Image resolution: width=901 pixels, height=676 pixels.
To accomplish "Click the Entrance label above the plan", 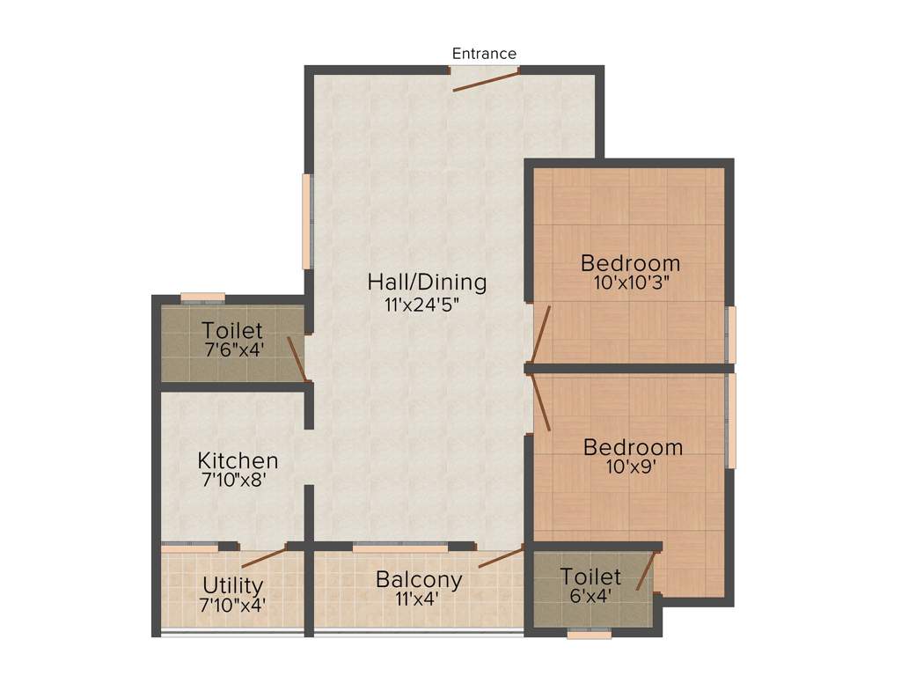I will (x=484, y=54).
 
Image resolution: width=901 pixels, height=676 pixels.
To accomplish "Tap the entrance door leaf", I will (x=485, y=80).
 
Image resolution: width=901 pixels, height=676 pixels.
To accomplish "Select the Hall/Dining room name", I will (x=427, y=283).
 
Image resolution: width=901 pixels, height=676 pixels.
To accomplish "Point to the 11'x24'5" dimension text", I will (x=422, y=306).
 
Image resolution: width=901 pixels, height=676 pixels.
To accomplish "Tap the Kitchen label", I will (x=238, y=460).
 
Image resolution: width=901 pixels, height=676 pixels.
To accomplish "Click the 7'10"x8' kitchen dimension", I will (x=234, y=481).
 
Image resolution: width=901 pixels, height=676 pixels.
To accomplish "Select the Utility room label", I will (x=233, y=585).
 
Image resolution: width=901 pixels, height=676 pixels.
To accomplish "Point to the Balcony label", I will (x=419, y=580).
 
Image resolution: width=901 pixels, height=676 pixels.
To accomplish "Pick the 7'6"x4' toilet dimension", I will (x=233, y=349).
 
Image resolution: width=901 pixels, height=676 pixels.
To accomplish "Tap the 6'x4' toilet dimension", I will (x=591, y=596).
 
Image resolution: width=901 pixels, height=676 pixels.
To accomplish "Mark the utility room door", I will (x=264, y=556).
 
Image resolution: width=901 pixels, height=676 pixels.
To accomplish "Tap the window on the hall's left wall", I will (x=307, y=221).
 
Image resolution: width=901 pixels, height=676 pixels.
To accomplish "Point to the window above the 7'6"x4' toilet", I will (x=202, y=297).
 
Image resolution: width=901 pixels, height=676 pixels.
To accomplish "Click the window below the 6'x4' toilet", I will (x=590, y=633).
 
